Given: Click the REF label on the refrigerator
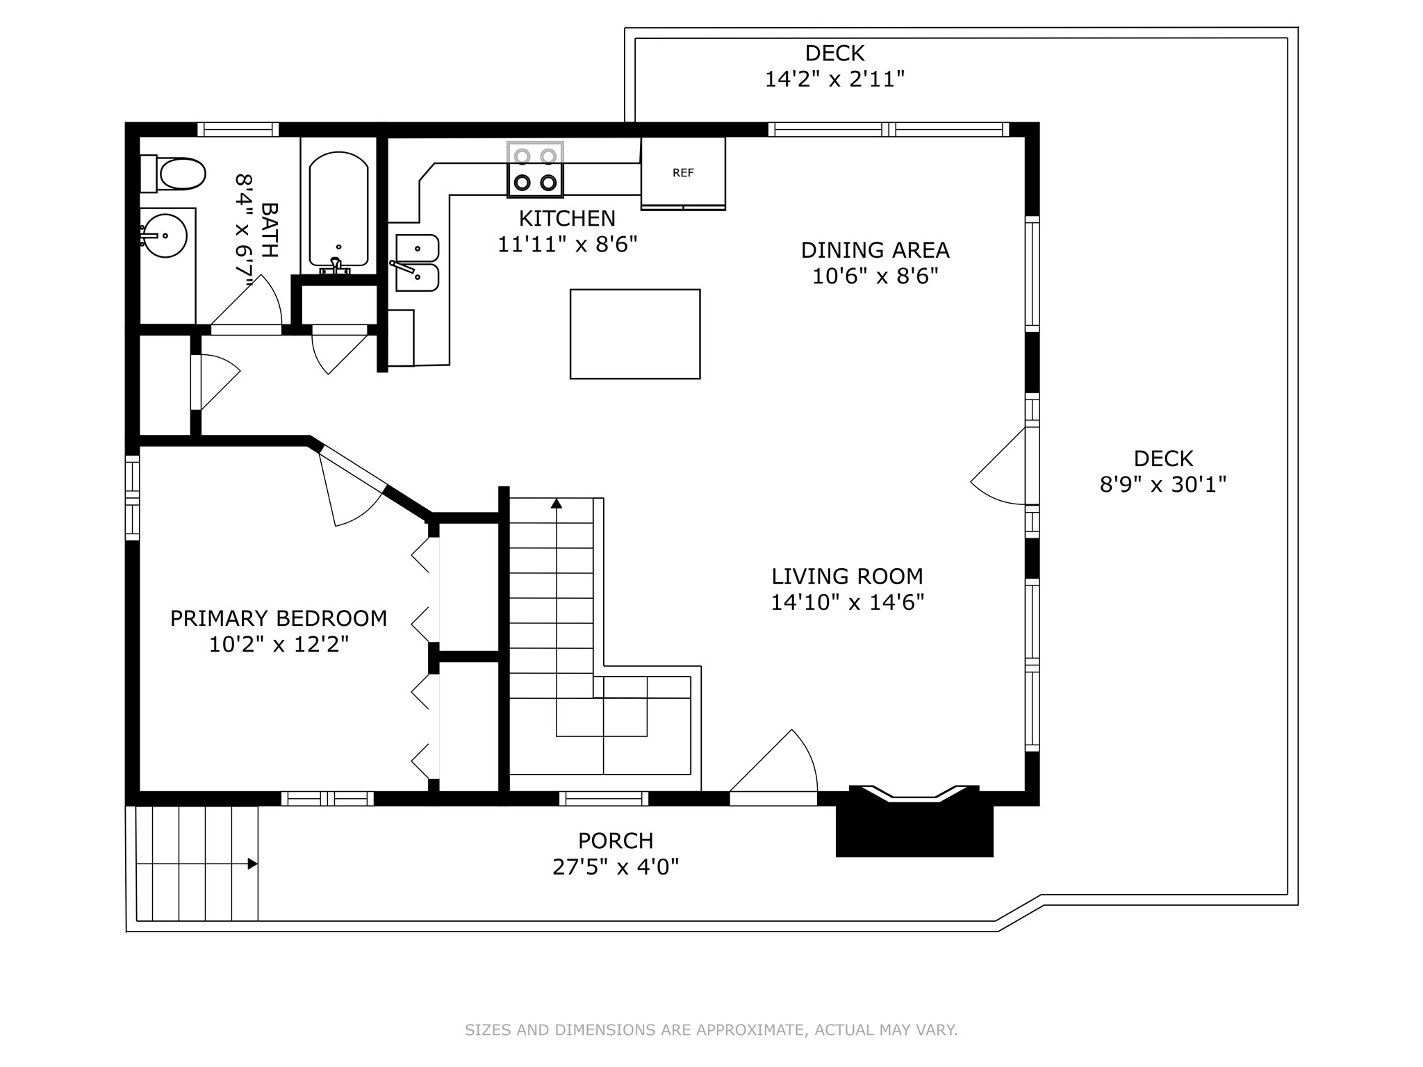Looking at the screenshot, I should (x=683, y=173).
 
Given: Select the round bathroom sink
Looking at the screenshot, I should (x=165, y=236).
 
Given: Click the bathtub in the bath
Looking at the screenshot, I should (x=338, y=208).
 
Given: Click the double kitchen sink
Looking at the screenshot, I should (x=417, y=263).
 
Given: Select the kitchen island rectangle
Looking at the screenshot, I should (x=634, y=334).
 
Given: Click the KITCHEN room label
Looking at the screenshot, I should (x=567, y=219).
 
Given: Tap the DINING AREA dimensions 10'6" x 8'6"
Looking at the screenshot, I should (x=875, y=276).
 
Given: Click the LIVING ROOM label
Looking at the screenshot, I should (x=847, y=577).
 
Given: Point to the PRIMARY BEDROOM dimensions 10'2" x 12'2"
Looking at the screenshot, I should (x=279, y=645).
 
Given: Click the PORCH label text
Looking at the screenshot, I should (x=616, y=841).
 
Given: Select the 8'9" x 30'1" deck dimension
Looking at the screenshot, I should (x=1162, y=484).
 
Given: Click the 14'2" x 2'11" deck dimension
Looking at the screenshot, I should (x=834, y=79).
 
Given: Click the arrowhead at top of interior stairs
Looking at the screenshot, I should (x=556, y=504).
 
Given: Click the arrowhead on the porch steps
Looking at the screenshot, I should (x=252, y=864).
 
